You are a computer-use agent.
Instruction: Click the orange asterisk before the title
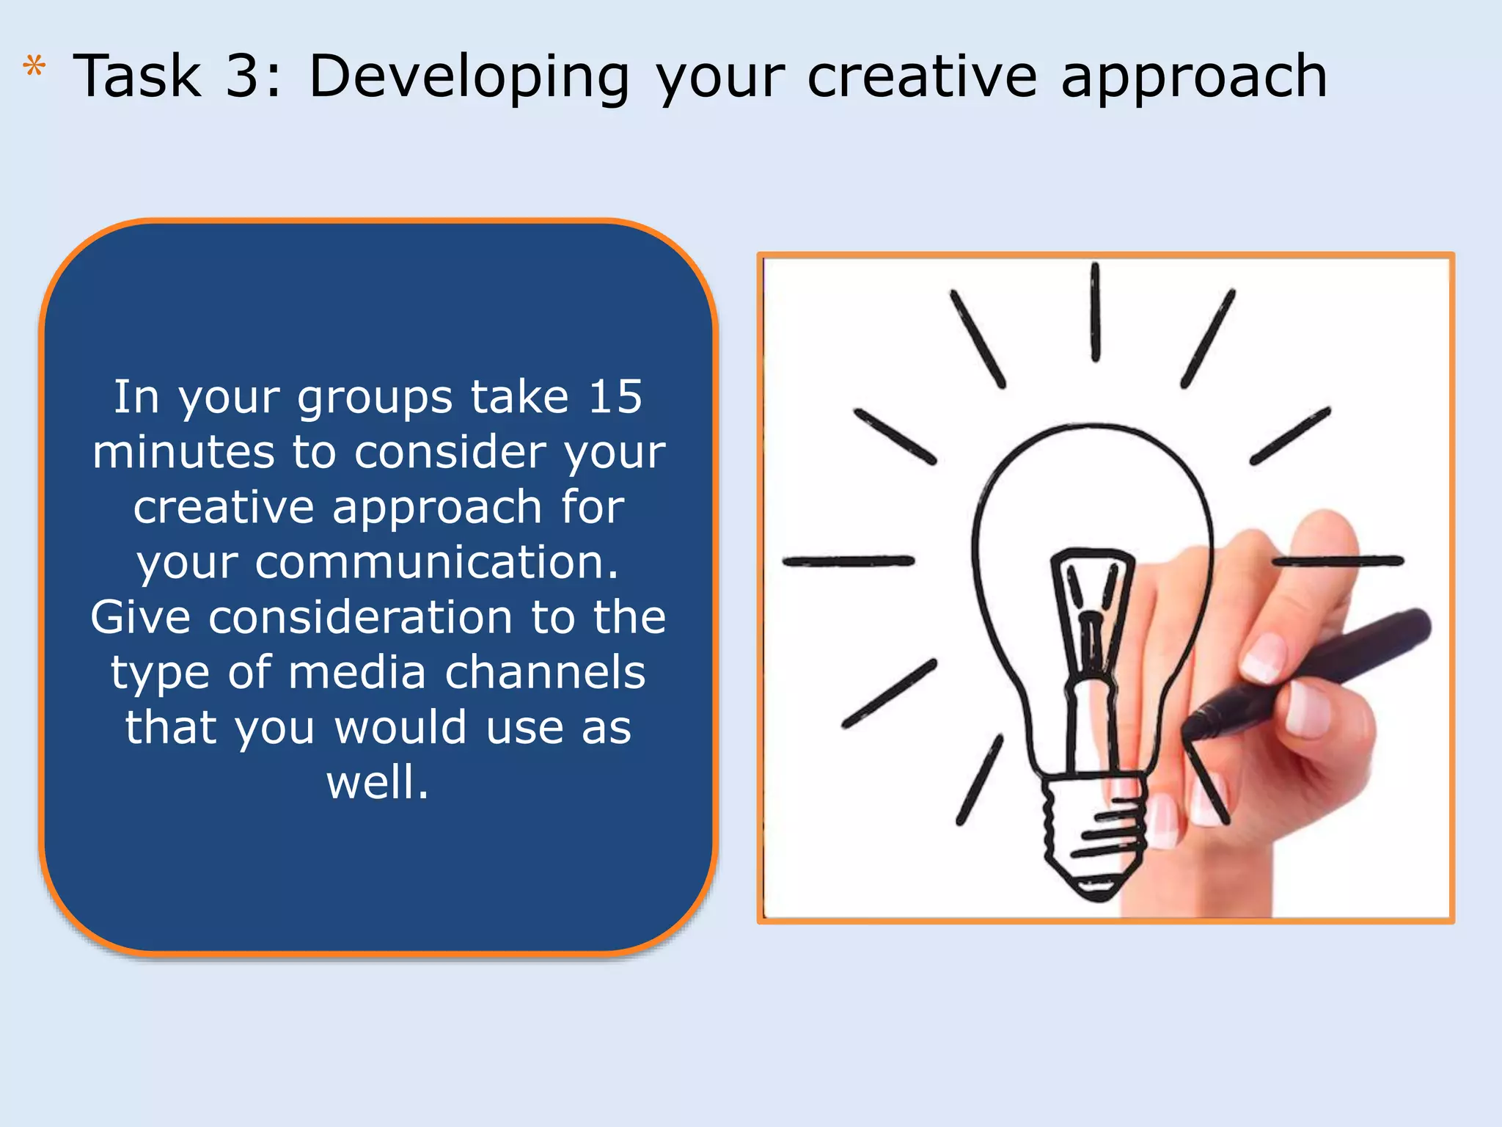(x=34, y=67)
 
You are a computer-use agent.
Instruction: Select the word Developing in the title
(x=469, y=77)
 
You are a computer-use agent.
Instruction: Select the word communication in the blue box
(x=436, y=563)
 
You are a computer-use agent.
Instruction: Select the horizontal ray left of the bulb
(x=848, y=561)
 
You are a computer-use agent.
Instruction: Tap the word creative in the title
(x=921, y=76)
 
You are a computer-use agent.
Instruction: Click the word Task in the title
(x=137, y=76)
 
